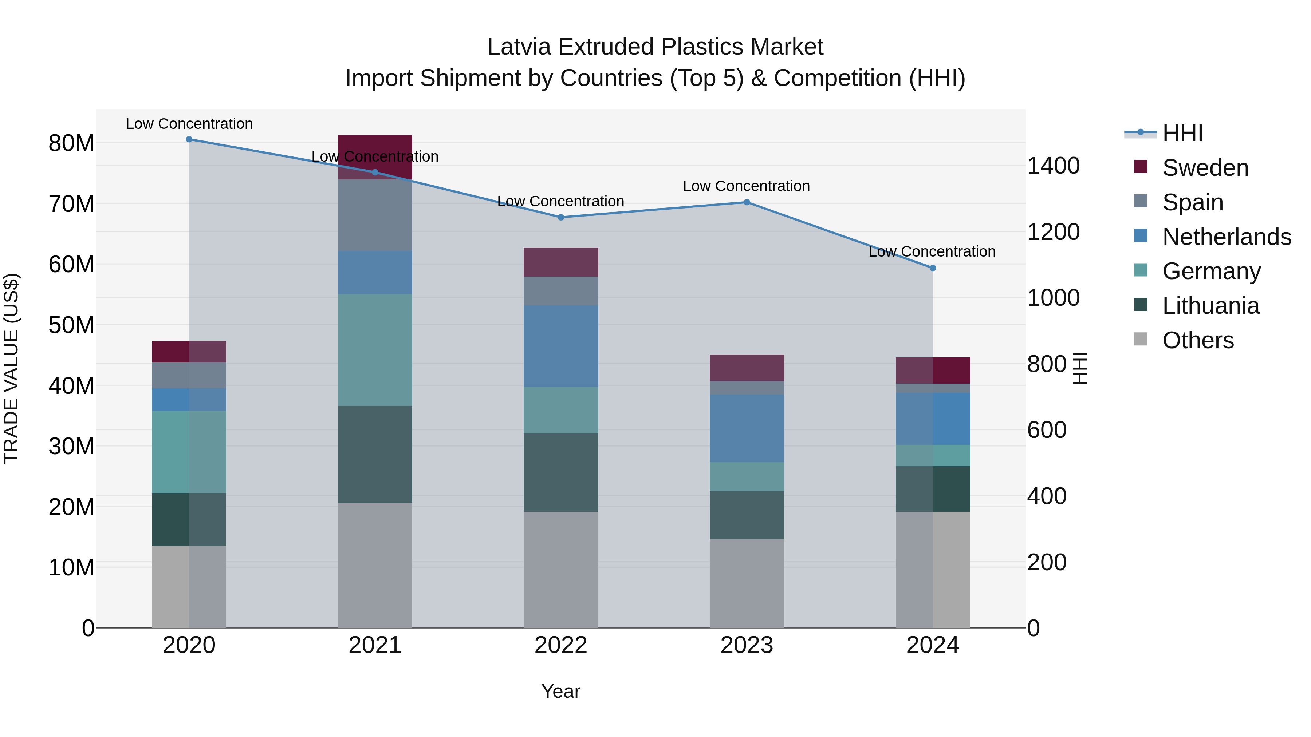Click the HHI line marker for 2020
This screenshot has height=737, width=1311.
pyautogui.click(x=189, y=139)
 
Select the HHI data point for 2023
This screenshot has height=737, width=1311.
pyautogui.click(x=747, y=202)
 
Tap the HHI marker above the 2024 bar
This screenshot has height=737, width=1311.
pyautogui.click(x=932, y=268)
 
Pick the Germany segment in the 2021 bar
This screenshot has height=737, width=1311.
pyautogui.click(x=375, y=349)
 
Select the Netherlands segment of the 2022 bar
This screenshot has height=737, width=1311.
pyautogui.click(x=561, y=346)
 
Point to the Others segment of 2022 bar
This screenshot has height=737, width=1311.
pyautogui.click(x=561, y=570)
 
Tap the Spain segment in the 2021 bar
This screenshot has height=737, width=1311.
pyautogui.click(x=375, y=215)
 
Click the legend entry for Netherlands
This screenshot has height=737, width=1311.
pyautogui.click(x=1227, y=237)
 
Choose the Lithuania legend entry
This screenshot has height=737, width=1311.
pyautogui.click(x=1210, y=306)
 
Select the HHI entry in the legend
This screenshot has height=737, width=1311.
pyautogui.click(x=1182, y=133)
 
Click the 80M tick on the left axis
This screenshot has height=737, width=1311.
pyautogui.click(x=71, y=143)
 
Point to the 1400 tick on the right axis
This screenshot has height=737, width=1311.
pyautogui.click(x=1053, y=166)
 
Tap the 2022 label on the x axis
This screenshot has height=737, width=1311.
pyautogui.click(x=561, y=645)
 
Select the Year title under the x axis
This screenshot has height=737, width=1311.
pyautogui.click(x=561, y=691)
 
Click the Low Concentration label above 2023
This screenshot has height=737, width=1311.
pyautogui.click(x=746, y=186)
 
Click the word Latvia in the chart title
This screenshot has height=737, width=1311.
pyautogui.click(x=519, y=47)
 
